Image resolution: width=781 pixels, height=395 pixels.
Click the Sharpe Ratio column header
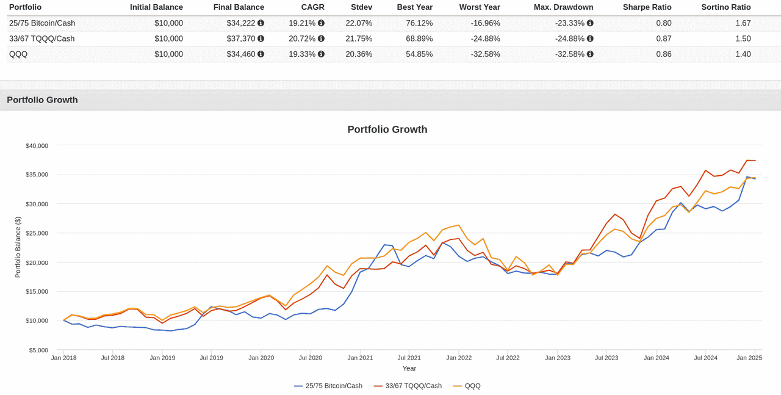[x=647, y=7]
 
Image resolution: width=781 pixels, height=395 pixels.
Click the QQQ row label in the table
[x=18, y=54]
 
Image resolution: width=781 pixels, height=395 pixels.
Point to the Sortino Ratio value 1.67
[x=743, y=23]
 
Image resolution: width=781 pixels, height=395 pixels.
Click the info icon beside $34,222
[x=261, y=23]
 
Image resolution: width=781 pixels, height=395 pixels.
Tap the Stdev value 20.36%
[x=359, y=54]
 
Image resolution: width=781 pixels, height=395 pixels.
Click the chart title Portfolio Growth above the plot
[x=387, y=129]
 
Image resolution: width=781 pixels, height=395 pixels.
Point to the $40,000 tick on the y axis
[x=37, y=146]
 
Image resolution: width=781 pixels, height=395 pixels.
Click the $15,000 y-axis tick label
[x=37, y=292]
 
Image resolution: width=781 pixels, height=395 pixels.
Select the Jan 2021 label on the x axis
[x=360, y=358]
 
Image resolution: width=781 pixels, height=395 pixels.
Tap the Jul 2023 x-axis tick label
[x=606, y=358]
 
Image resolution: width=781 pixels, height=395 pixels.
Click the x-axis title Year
[x=409, y=369]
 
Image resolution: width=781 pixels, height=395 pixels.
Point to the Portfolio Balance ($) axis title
[x=18, y=247]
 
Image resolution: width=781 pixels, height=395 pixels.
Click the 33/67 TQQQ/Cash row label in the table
[x=41, y=38]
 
